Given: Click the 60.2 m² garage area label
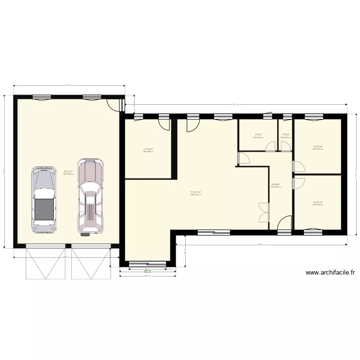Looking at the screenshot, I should (x=68, y=171).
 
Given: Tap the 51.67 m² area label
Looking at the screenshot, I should (x=195, y=192).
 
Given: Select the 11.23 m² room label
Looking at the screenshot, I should (x=147, y=149).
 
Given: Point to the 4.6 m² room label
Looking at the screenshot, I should (x=258, y=135).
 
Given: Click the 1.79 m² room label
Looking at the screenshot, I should (x=285, y=135).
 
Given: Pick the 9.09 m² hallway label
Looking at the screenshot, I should (x=275, y=184).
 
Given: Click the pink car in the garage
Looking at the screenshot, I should (x=91, y=197).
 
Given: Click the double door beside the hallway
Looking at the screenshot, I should (x=263, y=213).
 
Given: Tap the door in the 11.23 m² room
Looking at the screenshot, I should (x=164, y=124).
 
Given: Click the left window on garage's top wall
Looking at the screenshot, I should (x=42, y=97).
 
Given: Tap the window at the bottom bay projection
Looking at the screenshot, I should (x=147, y=263).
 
